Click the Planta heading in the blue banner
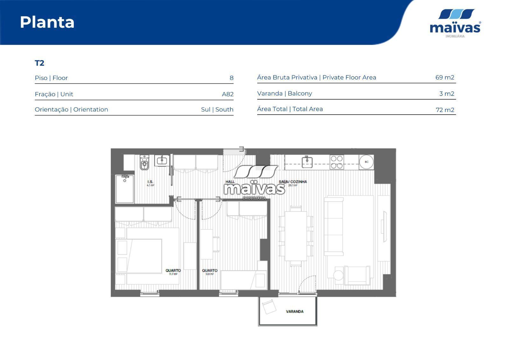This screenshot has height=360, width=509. tap(47, 22)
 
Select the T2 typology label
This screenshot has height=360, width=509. tap(39, 63)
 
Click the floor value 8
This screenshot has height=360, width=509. tap(231, 78)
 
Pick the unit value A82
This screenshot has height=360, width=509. tap(227, 94)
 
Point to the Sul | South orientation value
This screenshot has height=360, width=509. tap(217, 109)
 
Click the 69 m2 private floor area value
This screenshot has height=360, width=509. tap(444, 77)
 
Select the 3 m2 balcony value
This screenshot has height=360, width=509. tap(446, 94)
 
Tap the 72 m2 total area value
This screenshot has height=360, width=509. tap(445, 110)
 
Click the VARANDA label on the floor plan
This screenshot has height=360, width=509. tap(295, 312)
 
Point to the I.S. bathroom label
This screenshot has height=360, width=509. tap(150, 182)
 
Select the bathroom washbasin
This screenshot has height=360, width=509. tap(162, 160)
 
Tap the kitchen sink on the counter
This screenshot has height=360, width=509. tap(307, 162)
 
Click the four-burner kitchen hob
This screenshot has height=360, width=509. tap(337, 162)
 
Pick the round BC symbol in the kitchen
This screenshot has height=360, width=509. tap(366, 162)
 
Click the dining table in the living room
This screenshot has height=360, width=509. tap(296, 236)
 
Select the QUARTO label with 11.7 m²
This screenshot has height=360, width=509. tap(173, 271)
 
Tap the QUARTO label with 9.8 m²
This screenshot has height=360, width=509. tap(210, 271)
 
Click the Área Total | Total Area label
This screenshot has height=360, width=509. tap(290, 109)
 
